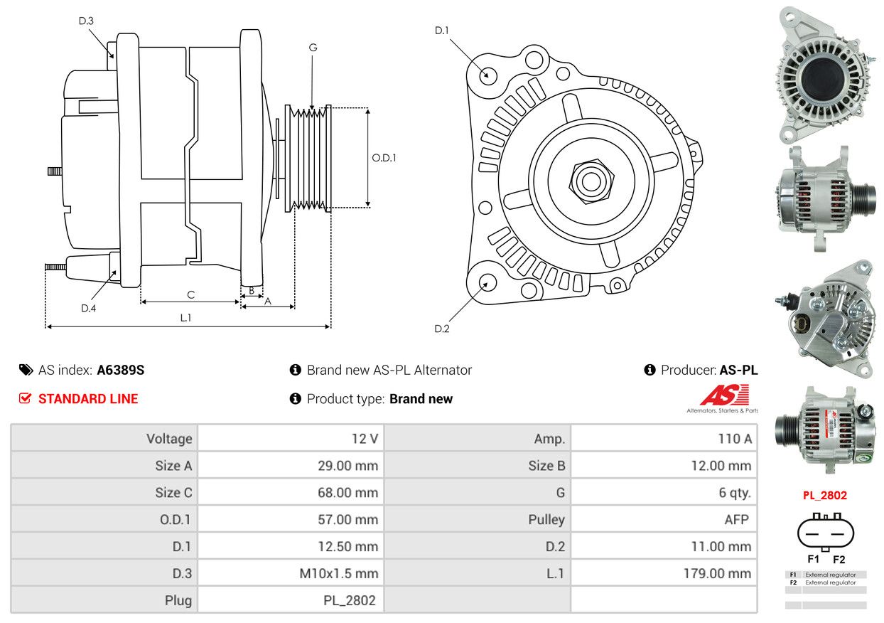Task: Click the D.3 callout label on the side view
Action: coord(86,21)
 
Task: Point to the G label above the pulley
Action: coord(313,48)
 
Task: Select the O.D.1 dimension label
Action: coord(384,158)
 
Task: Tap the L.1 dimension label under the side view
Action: coord(185,318)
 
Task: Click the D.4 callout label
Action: coord(88,308)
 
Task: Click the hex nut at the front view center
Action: coord(591,182)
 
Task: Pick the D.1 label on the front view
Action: coord(441,31)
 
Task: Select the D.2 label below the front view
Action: coord(441,329)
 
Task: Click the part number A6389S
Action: coord(121,370)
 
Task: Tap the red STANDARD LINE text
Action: coord(88,398)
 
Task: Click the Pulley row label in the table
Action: coord(546,519)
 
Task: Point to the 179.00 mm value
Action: coord(718,573)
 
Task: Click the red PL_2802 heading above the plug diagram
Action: coord(825,496)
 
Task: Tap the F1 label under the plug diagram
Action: coord(814,559)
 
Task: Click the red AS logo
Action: coord(725,395)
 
